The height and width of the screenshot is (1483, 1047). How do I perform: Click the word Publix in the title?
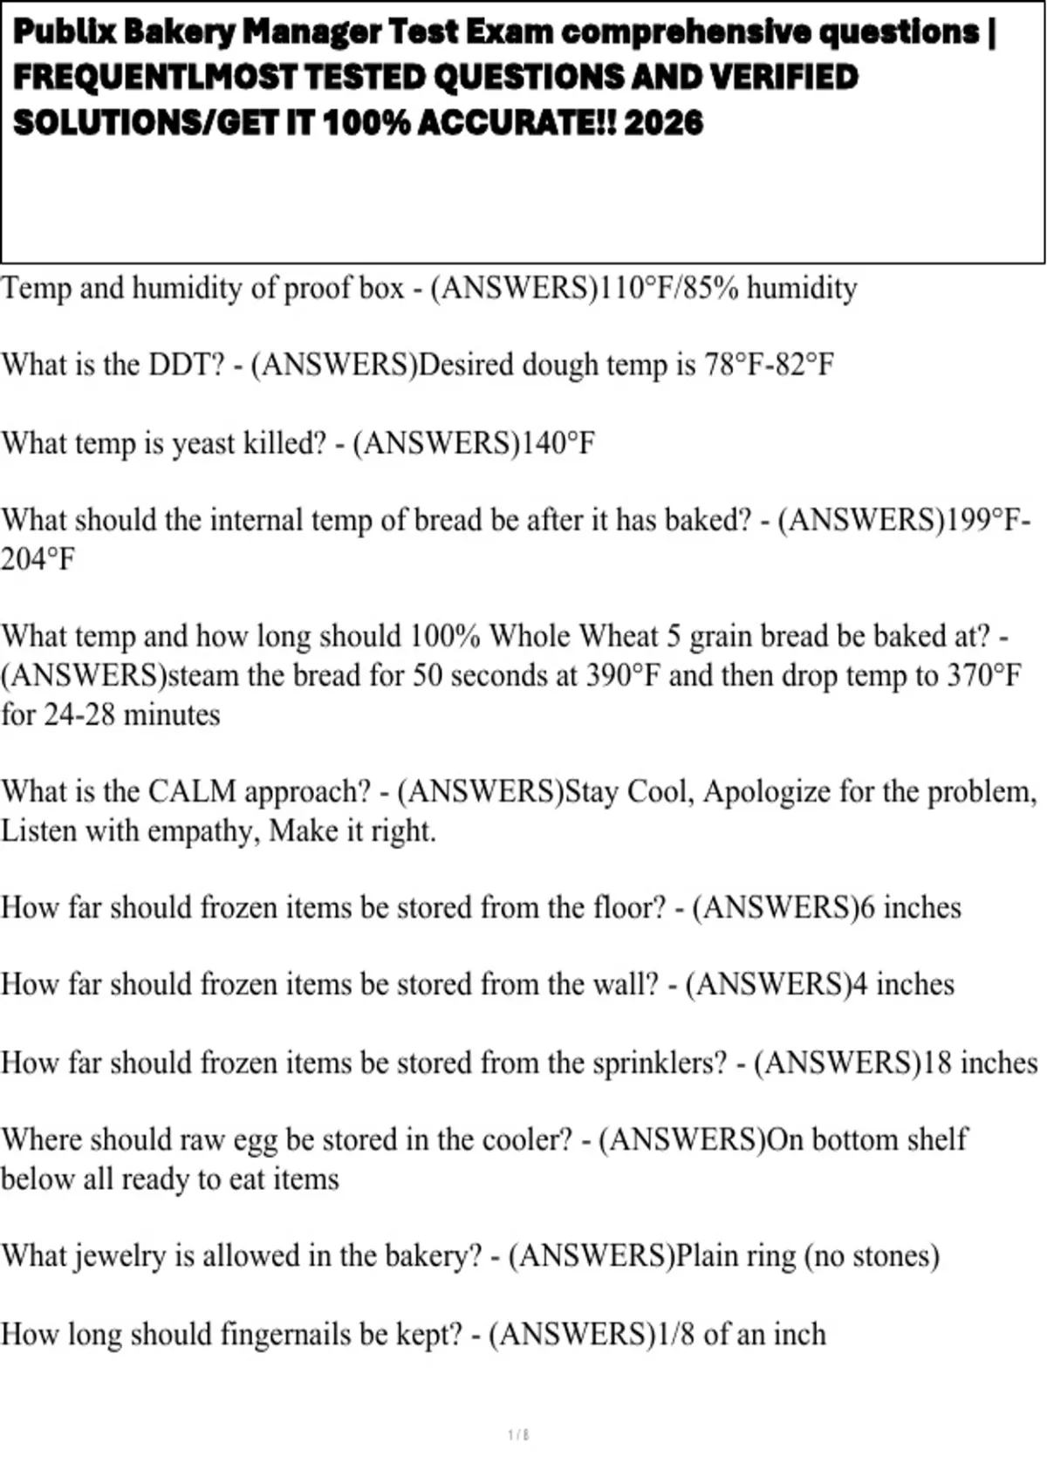65,33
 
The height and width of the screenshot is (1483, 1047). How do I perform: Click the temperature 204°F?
38,559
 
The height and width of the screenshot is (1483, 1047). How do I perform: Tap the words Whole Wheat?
573,636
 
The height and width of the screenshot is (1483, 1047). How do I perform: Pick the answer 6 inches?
910,908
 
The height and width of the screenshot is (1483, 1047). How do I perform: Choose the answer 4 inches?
903,985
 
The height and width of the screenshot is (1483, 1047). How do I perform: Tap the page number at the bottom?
518,1435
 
